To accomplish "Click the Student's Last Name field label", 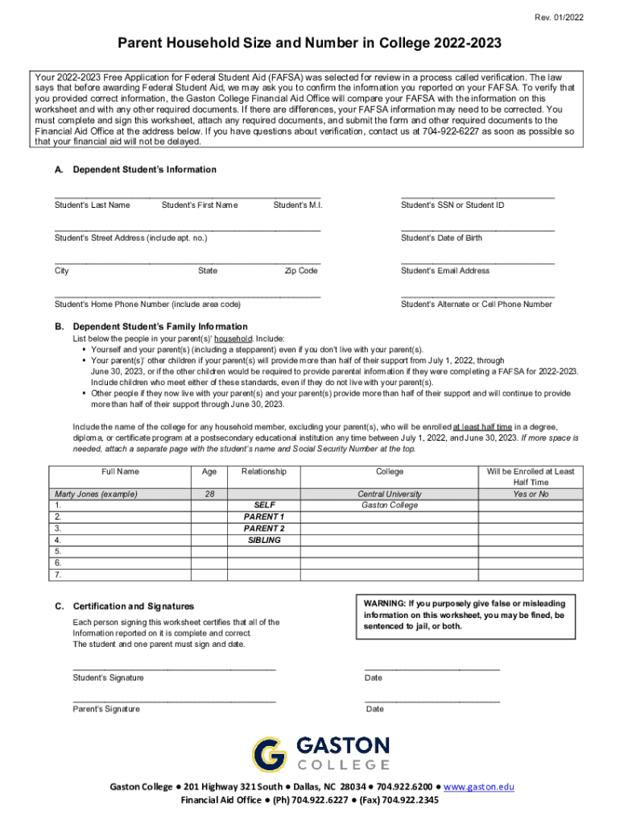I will (x=92, y=205).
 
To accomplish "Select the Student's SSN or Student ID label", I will (x=453, y=205).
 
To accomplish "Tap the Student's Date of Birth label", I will (x=441, y=238).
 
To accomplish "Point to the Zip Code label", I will (x=301, y=271).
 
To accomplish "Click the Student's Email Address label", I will (x=445, y=271).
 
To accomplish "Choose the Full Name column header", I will (x=120, y=471).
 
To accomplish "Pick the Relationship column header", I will (x=263, y=471).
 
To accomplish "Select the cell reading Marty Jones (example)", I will (x=96, y=494).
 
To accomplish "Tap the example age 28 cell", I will (x=209, y=494).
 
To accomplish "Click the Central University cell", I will (x=390, y=494).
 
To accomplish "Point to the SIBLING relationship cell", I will (x=263, y=540).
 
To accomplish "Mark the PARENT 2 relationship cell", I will (x=263, y=529).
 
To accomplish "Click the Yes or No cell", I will (x=530, y=494).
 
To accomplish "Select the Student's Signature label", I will (x=108, y=678).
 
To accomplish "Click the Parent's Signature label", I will (x=106, y=709).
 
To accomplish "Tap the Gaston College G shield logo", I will (x=269, y=754).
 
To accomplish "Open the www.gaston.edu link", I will (x=478, y=786).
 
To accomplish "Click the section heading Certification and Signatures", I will (x=133, y=606).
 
